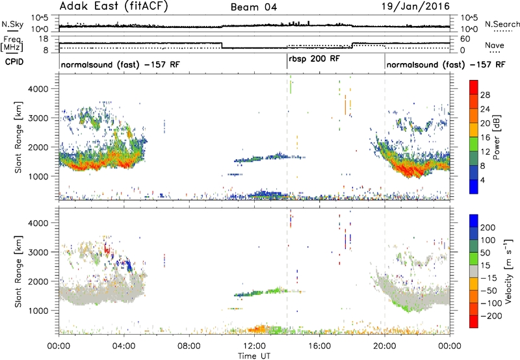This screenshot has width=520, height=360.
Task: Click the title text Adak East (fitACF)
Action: click(x=113, y=6)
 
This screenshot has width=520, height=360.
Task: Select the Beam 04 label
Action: click(x=253, y=7)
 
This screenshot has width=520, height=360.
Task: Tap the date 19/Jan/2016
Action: click(x=415, y=6)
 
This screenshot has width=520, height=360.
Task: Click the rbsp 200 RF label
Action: click(x=314, y=59)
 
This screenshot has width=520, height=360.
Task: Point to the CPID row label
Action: click(x=14, y=62)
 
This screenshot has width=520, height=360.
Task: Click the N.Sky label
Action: click(x=12, y=24)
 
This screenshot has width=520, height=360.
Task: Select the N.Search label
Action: click(x=502, y=24)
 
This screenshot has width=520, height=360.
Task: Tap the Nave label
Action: click(x=494, y=45)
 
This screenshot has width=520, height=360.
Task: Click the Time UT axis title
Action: click(x=254, y=356)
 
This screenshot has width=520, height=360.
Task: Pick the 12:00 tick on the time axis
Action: click(x=254, y=346)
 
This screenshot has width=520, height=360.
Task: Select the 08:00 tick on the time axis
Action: click(x=189, y=346)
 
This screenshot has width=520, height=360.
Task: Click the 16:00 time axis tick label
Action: click(x=319, y=346)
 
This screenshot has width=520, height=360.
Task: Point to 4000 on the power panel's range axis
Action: click(x=38, y=89)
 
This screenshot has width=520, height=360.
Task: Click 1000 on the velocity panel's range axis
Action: click(x=38, y=311)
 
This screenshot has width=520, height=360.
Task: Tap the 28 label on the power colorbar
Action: click(x=485, y=95)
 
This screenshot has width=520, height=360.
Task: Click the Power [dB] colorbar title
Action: click(x=497, y=137)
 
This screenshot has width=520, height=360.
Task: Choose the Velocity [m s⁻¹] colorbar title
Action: click(x=508, y=271)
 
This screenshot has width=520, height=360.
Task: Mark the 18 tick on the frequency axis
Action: click(x=44, y=39)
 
